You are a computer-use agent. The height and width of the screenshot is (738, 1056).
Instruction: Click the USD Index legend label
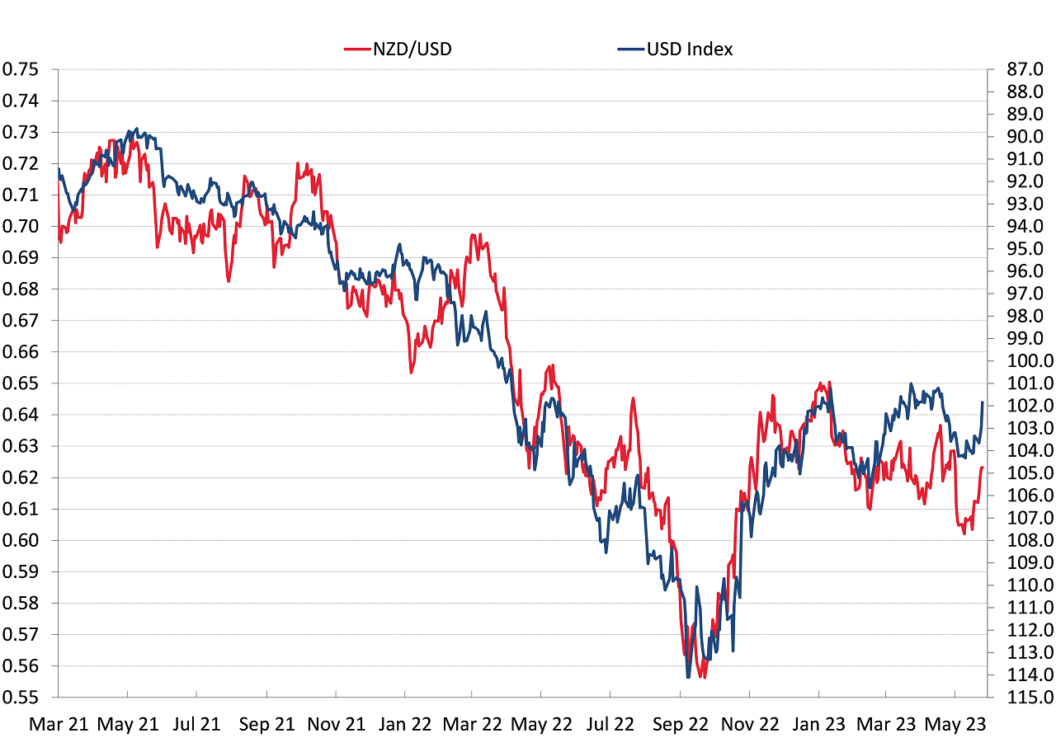(x=690, y=49)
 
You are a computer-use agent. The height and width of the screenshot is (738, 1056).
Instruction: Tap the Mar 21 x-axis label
(x=57, y=725)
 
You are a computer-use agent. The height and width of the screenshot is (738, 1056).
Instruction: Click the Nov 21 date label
(x=335, y=725)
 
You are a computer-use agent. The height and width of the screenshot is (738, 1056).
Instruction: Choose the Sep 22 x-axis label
(x=680, y=725)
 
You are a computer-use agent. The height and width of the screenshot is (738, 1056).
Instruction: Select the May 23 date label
(x=955, y=725)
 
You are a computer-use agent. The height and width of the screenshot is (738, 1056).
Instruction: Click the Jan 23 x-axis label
(x=818, y=725)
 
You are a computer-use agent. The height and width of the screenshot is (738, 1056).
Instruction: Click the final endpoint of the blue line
(x=983, y=402)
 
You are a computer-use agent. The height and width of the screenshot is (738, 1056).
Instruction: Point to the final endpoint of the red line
(x=982, y=468)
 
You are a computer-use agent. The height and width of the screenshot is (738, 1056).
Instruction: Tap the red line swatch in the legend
(x=355, y=49)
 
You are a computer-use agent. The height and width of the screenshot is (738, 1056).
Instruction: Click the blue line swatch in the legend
(x=630, y=49)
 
